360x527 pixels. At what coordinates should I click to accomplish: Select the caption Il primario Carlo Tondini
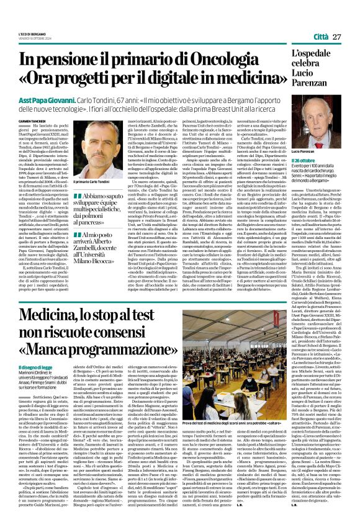pos(91,181)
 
